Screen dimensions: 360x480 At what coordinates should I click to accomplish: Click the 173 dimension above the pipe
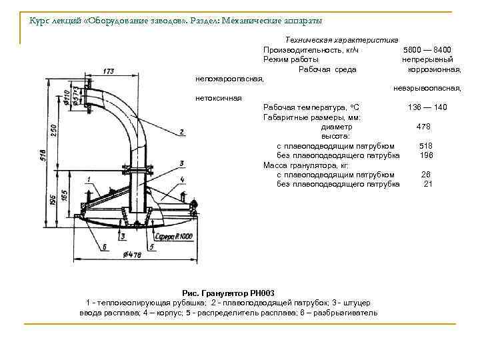108,70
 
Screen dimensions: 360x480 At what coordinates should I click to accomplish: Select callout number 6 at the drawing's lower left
104,246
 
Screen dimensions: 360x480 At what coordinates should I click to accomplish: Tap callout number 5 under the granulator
151,246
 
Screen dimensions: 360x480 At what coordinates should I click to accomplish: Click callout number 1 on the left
89,178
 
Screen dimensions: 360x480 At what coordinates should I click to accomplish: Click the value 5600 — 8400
427,50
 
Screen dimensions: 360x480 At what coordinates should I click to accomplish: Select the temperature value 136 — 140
427,107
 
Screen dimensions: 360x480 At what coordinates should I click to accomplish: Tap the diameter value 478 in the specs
423,127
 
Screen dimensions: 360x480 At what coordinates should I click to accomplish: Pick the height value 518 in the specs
426,145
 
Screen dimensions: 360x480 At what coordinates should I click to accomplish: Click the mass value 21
427,184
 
